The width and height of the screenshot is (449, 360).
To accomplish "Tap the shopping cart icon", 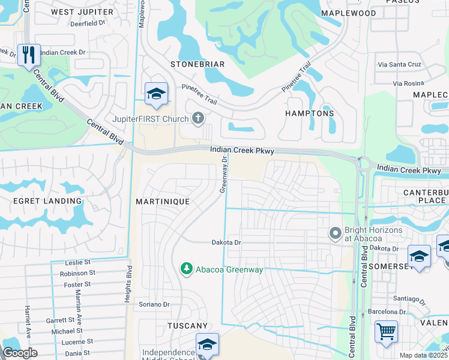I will click(x=386, y=331).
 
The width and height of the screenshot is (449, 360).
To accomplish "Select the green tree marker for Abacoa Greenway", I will click(x=187, y=269).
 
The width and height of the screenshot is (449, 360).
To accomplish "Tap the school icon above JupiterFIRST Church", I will click(x=156, y=94).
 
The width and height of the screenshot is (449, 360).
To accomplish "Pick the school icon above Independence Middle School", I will click(x=207, y=344).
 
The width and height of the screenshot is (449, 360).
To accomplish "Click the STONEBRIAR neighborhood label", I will click(x=197, y=64).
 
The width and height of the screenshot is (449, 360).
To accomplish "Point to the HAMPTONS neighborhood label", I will click(x=309, y=113).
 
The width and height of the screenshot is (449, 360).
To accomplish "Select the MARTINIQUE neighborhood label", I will click(x=163, y=202).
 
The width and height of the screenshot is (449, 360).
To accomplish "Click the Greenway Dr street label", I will click(x=223, y=174).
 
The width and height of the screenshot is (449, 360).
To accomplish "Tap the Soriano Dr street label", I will click(x=154, y=304).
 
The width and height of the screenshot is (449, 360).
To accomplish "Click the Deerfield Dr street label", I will click(x=88, y=24).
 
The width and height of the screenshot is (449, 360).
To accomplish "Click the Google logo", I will click(x=20, y=353).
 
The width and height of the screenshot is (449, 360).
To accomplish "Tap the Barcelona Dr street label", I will click(x=387, y=311).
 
